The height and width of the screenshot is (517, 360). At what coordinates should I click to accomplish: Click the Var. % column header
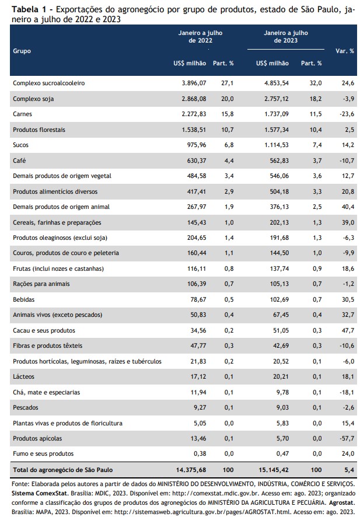344,51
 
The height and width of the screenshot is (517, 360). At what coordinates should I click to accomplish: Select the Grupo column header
22,51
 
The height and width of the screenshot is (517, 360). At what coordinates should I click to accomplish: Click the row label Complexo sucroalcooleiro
49,83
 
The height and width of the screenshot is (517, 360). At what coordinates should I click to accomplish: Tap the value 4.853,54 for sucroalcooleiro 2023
276,83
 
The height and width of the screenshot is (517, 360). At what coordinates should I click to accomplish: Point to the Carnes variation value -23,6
347,114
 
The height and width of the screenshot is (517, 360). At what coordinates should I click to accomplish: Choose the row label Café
19,160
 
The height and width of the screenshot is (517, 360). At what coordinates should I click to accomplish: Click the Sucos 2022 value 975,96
197,145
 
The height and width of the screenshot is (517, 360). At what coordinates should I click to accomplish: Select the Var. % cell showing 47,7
348,330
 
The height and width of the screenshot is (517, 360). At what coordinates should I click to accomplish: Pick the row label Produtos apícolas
37,439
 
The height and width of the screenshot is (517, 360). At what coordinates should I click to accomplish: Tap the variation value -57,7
347,439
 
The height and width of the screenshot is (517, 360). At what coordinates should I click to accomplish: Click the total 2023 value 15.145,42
273,470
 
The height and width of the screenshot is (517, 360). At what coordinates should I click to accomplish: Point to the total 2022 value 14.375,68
191,470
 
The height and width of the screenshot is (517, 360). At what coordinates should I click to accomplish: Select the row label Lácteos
23,376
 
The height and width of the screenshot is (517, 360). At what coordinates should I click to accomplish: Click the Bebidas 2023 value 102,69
279,300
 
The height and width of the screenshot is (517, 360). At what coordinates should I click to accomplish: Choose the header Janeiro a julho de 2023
286,37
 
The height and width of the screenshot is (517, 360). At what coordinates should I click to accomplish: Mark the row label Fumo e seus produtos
43,454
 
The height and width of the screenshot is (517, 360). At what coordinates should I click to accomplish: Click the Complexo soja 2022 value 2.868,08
194,99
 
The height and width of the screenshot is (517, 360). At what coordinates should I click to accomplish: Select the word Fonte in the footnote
20,484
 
